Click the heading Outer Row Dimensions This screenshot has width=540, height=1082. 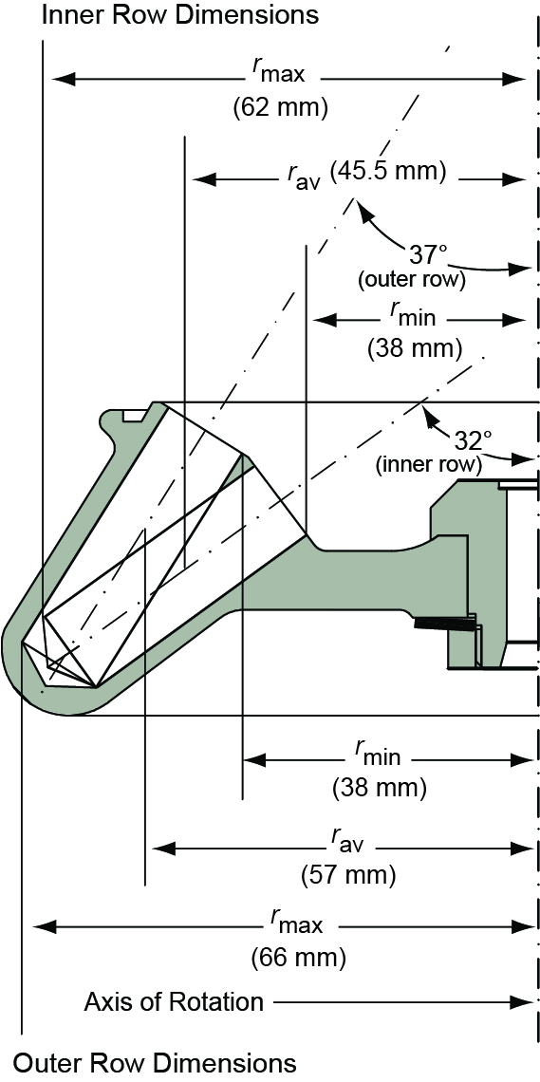coord(156,1062)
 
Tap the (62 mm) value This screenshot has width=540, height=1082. coord(280,107)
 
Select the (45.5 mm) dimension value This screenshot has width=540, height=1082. coord(388,173)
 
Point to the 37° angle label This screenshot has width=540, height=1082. coord(427,254)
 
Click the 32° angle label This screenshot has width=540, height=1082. coord(474,441)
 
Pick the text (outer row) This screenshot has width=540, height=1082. coord(411,279)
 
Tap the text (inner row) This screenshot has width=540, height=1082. coord(430,465)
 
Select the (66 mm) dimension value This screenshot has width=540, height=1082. coord(299,957)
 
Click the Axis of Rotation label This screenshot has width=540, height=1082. coord(174,1001)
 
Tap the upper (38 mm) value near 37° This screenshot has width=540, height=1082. coord(415,348)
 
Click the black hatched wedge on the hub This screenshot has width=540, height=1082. coord(443,624)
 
